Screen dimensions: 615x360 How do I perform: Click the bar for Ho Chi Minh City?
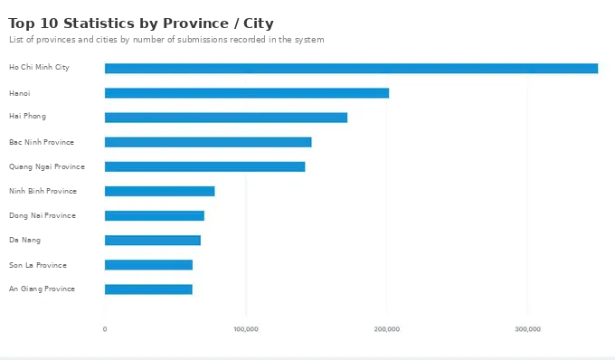[351, 68]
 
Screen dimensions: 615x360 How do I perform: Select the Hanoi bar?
[247, 93]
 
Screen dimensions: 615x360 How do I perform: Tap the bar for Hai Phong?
[226, 118]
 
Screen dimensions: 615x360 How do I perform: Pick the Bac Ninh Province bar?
[208, 142]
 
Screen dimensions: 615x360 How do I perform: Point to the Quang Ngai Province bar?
[204, 166]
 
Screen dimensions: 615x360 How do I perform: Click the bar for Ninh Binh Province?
[160, 192]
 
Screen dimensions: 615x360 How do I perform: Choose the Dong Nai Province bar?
[155, 215]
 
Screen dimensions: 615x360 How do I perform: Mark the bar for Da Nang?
[153, 241]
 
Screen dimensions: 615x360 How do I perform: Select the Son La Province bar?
[148, 265]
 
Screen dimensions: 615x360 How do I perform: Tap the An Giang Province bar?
[148, 289]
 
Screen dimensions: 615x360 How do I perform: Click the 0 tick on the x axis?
[105, 329]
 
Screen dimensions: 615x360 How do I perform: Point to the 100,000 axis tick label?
[246, 329]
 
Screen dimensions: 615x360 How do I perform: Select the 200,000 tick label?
[387, 329]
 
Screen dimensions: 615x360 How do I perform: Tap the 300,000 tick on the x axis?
[527, 329]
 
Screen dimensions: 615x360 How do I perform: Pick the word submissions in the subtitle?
[203, 40]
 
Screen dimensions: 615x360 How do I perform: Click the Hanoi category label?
[20, 93]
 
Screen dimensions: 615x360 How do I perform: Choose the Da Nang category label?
[24, 240]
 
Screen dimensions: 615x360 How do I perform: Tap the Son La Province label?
[38, 265]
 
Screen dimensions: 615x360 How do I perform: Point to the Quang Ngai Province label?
[47, 166]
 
